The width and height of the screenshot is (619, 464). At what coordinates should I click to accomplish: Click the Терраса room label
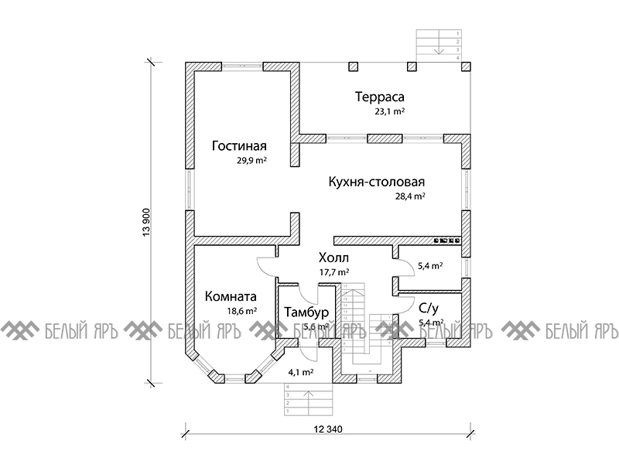tap(381, 97)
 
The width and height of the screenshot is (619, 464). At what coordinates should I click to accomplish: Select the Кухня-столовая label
tap(377, 182)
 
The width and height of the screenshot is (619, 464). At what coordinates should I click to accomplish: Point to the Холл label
tap(333, 258)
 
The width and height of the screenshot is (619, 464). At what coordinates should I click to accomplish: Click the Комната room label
tap(231, 296)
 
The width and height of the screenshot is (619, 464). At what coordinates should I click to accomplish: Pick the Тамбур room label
tap(306, 312)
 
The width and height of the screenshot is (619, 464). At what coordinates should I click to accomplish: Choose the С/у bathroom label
tap(430, 307)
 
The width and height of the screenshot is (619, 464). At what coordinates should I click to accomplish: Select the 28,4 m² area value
tap(410, 196)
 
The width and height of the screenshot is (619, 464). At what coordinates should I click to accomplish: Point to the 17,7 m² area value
tap(334, 272)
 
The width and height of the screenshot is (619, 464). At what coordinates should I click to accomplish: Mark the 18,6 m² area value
tap(241, 311)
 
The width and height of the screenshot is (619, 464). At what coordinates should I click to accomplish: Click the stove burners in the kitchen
tap(447, 241)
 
